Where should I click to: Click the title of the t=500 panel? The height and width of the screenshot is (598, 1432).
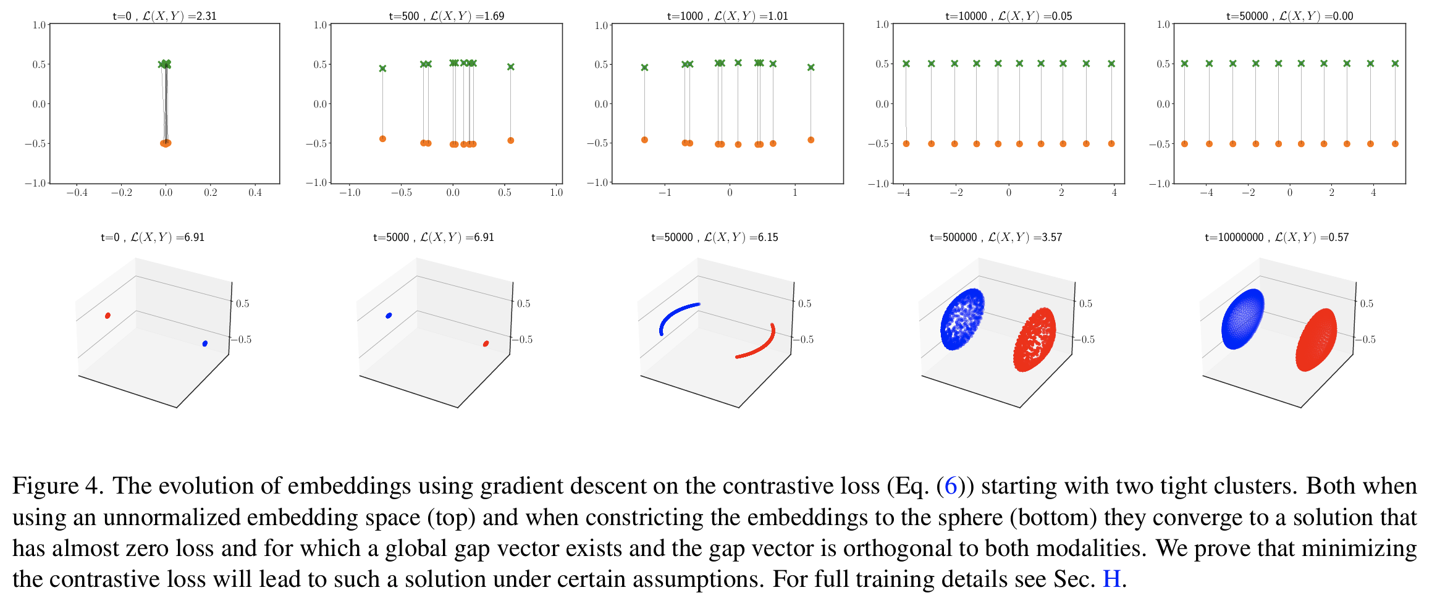pos(446,15)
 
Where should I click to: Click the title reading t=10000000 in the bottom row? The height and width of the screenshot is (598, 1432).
pos(1276,237)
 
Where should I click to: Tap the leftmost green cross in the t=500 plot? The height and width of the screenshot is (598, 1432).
pos(382,69)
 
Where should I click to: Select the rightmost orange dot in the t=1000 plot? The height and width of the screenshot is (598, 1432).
pos(811,140)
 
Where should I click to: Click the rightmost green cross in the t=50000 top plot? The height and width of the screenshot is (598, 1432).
pos(1395,64)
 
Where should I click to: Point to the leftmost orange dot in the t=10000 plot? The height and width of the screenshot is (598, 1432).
pos(906,143)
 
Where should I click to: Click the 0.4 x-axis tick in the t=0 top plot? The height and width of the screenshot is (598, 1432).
pos(255,193)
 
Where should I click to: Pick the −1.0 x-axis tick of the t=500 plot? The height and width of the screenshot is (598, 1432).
pos(350,193)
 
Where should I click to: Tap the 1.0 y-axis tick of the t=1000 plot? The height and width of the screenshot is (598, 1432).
pos(600,25)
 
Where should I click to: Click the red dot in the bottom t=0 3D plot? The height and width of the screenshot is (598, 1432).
pos(107,316)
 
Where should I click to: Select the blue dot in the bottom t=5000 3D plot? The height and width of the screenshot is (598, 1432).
pos(389,316)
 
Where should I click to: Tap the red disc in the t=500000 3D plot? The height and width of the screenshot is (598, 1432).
pos(1034,340)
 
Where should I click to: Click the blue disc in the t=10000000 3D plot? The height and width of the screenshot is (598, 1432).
pos(1242,319)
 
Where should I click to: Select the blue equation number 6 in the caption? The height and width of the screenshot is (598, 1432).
pos(950,486)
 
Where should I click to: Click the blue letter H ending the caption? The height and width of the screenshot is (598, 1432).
pos(1111,579)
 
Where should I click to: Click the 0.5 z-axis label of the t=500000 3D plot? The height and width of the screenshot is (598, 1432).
pos(1085,303)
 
